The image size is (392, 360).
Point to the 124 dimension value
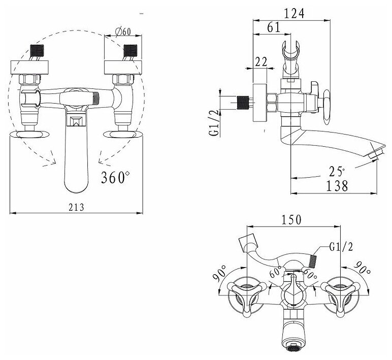293,14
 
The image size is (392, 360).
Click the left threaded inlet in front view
36,51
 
